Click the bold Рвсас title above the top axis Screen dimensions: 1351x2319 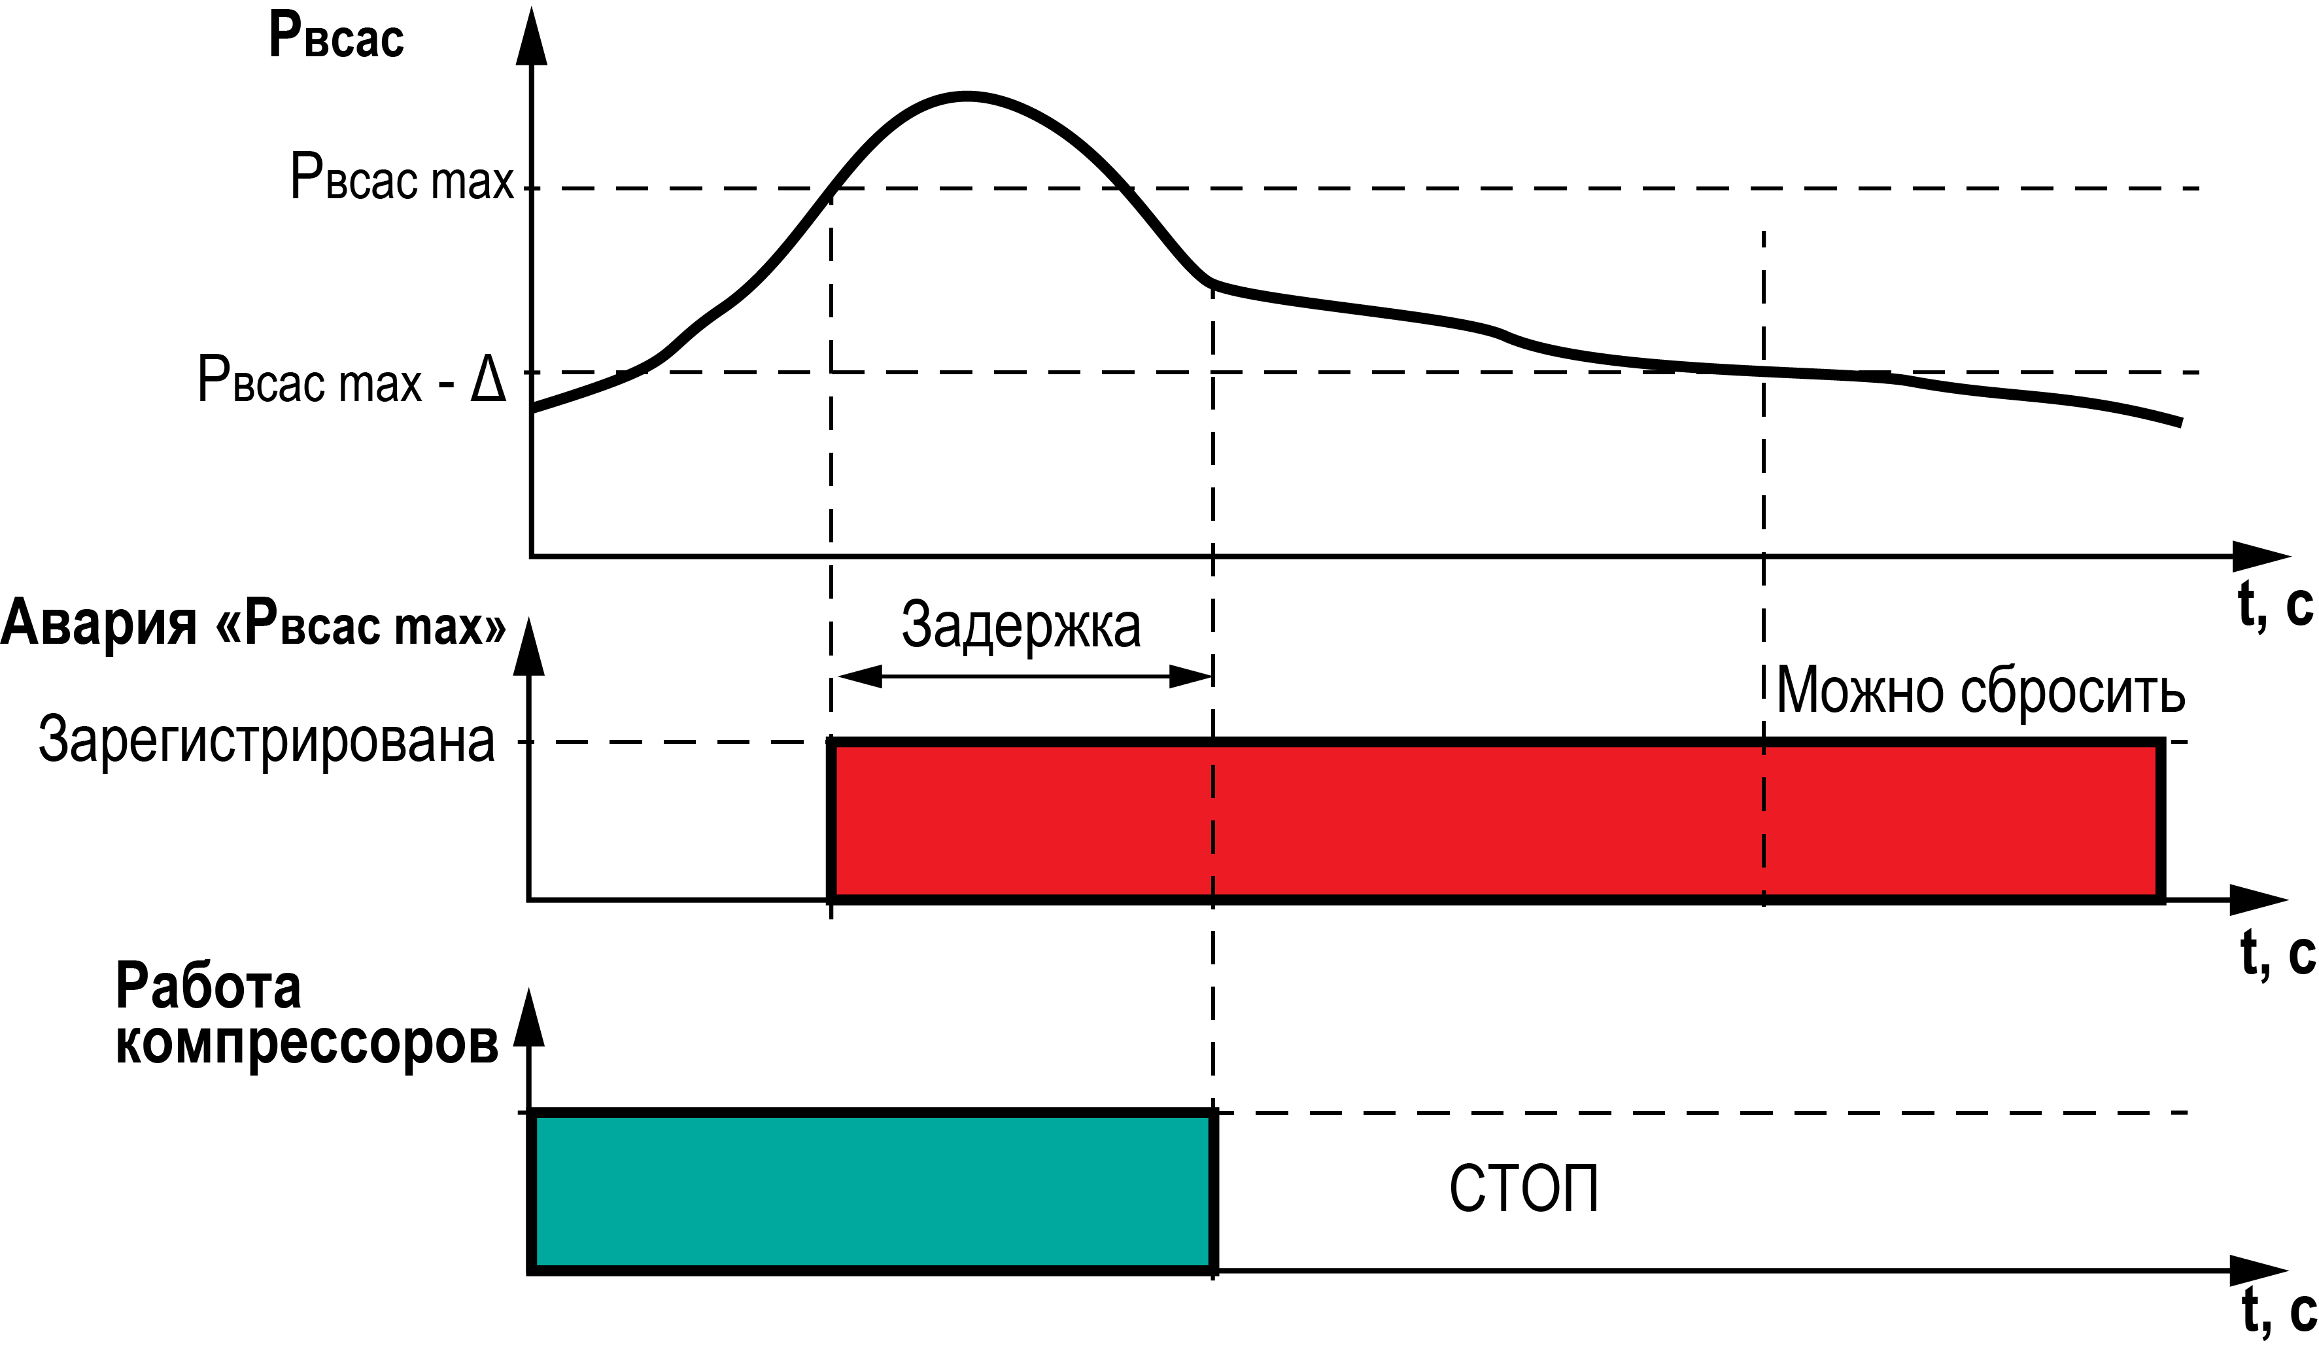pyautogui.click(x=337, y=37)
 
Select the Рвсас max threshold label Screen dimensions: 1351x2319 pyautogui.click(x=402, y=177)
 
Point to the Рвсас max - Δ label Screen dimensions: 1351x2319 pyautogui.click(x=352, y=379)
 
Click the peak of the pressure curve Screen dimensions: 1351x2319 pyautogui.click(x=967, y=95)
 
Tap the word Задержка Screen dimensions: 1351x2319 pyautogui.click(x=1021, y=626)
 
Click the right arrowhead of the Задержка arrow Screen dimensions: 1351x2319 pyautogui.click(x=1191, y=677)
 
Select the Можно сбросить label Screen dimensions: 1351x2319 pyautogui.click(x=1980, y=690)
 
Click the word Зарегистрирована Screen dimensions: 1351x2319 pyautogui.click(x=267, y=740)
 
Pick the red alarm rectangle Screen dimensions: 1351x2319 pyautogui.click(x=1496, y=821)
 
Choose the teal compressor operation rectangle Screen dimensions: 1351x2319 pyautogui.click(x=872, y=1193)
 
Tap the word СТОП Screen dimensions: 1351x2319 pyautogui.click(x=1524, y=1189)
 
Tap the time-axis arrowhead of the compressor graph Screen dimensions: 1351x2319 pyautogui.click(x=2259, y=1271)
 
